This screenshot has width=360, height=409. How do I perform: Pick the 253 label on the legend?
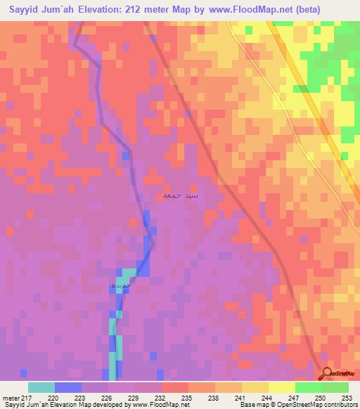click(x=346, y=397)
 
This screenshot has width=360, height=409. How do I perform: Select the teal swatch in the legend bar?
click(x=41, y=387)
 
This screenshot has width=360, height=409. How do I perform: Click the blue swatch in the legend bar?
click(x=68, y=387)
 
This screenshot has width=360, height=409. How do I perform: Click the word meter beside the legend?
click(x=11, y=397)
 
